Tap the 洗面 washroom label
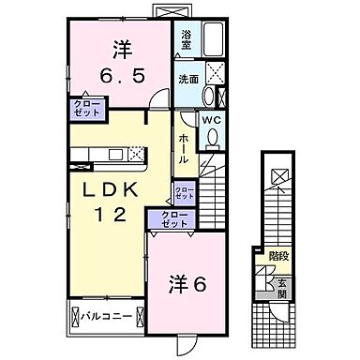pyautogui.click(x=189, y=79)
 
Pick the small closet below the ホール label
pyautogui.click(x=184, y=193)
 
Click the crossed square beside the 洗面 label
pyautogui.click(x=215, y=76)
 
